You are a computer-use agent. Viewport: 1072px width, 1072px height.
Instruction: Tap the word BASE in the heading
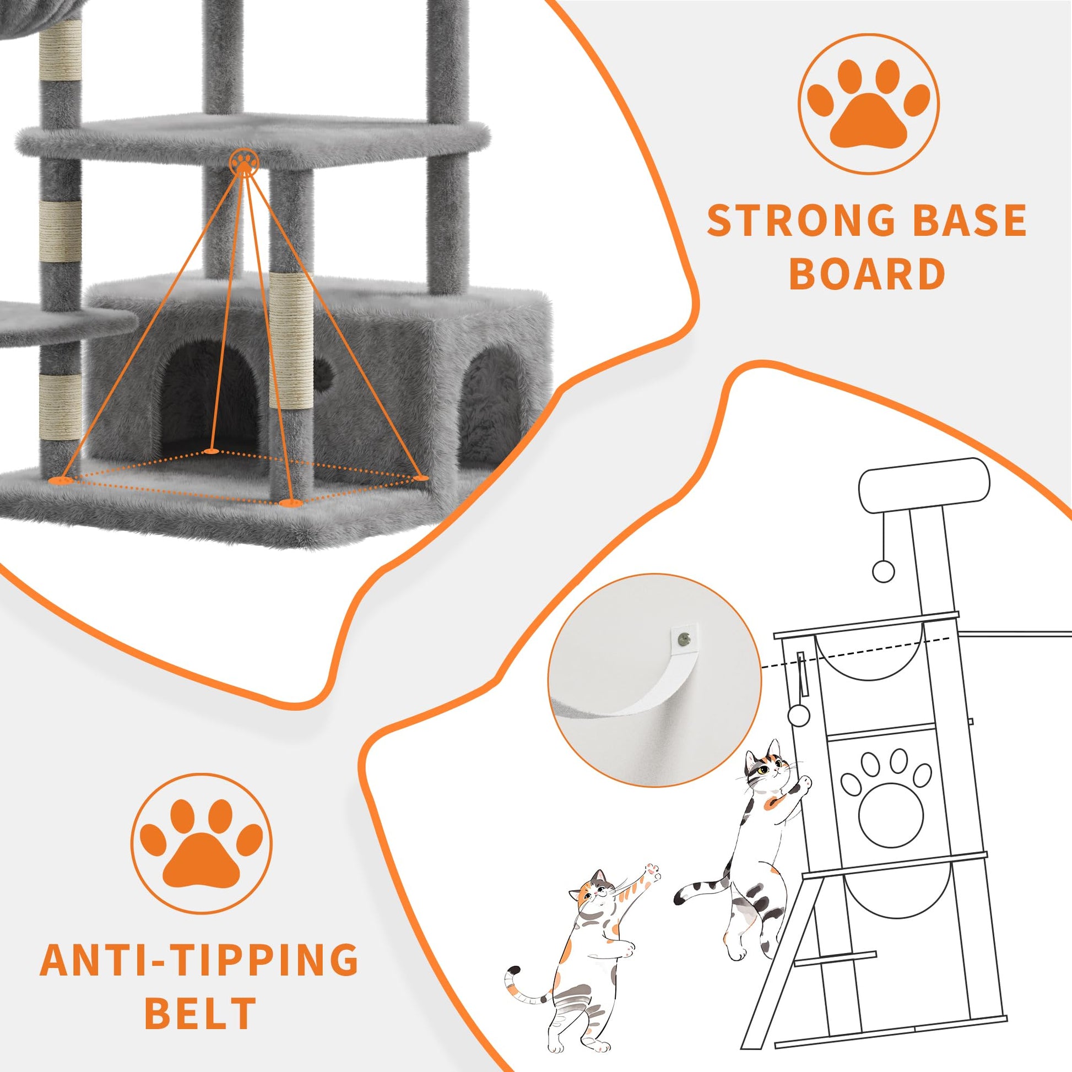pos(962,220)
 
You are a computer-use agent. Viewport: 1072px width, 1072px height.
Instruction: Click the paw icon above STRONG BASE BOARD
pos(868,104)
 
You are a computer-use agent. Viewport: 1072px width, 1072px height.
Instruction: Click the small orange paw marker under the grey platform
pos(243,163)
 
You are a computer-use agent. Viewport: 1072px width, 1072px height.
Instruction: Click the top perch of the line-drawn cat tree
pos(924,488)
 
